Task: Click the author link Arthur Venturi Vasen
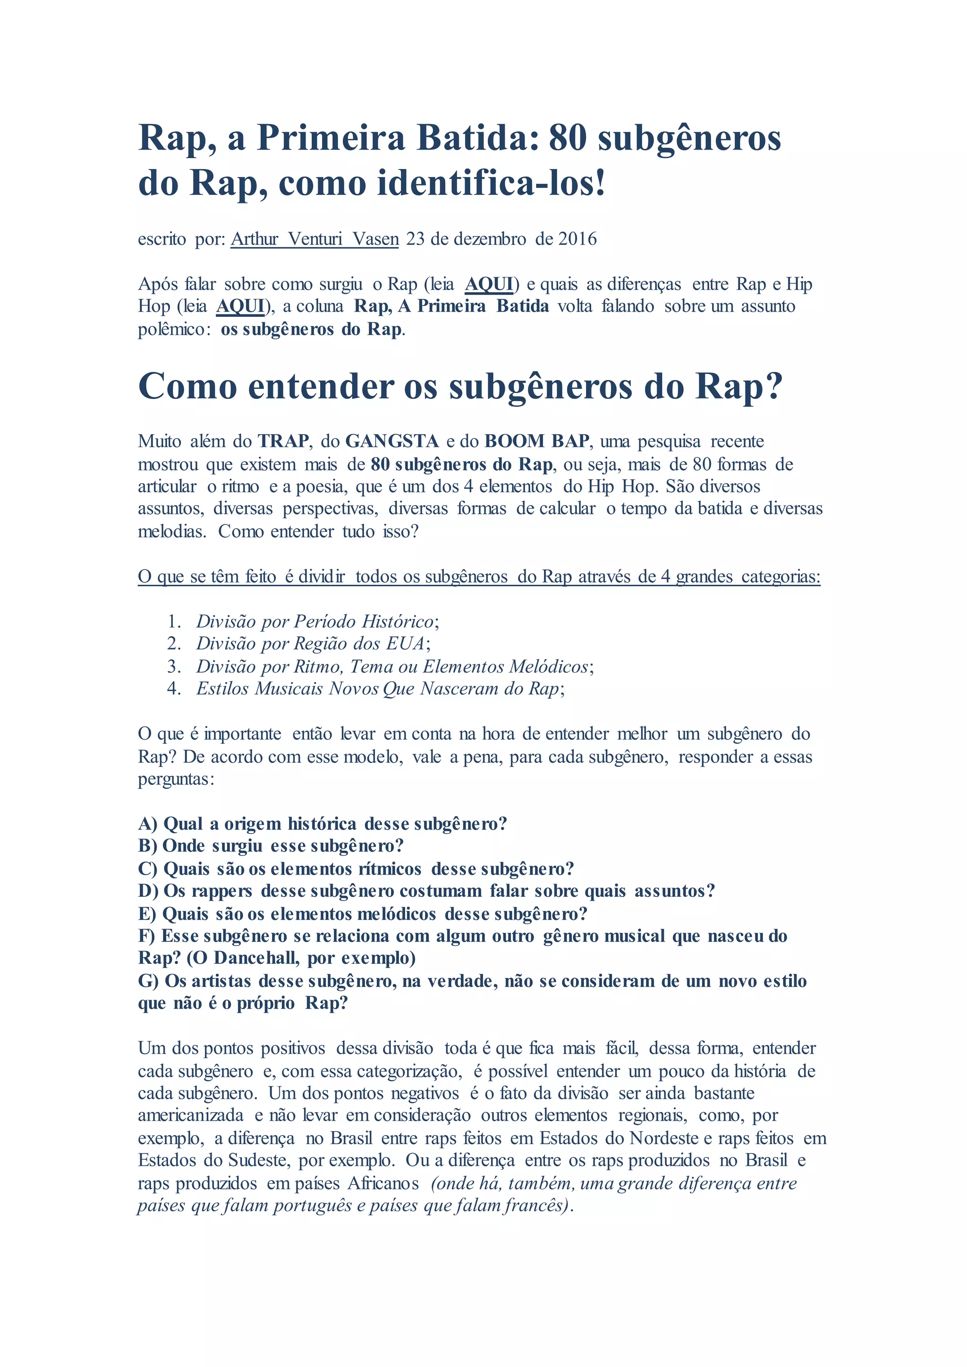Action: pos(314,239)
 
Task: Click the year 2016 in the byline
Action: pos(577,239)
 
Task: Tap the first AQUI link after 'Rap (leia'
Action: pos(488,284)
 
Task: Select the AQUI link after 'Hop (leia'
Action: pos(240,306)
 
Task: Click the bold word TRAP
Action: pos(283,441)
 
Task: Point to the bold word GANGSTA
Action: pos(392,441)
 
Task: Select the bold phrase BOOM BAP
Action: pos(536,441)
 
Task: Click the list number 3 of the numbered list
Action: pos(173,666)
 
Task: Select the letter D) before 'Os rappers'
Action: pos(148,891)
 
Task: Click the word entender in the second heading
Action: pos(320,387)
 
